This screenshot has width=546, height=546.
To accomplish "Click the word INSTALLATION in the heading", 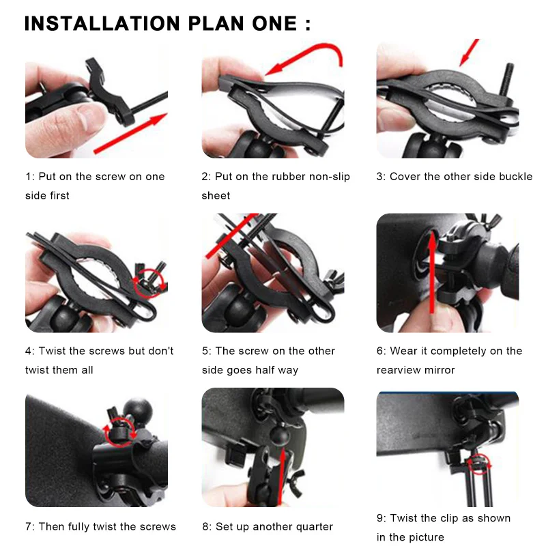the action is (102, 24).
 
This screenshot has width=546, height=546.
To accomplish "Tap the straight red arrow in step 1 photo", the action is (130, 134).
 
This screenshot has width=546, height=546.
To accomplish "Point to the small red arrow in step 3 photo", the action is (469, 53).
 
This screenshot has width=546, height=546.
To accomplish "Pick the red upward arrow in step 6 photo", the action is (432, 272).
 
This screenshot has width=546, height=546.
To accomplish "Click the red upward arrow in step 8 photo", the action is (283, 476).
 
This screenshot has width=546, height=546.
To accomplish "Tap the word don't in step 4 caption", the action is (161, 351).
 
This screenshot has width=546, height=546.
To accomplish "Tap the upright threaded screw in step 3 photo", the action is (506, 79).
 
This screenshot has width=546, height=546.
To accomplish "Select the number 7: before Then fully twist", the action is (29, 527).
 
